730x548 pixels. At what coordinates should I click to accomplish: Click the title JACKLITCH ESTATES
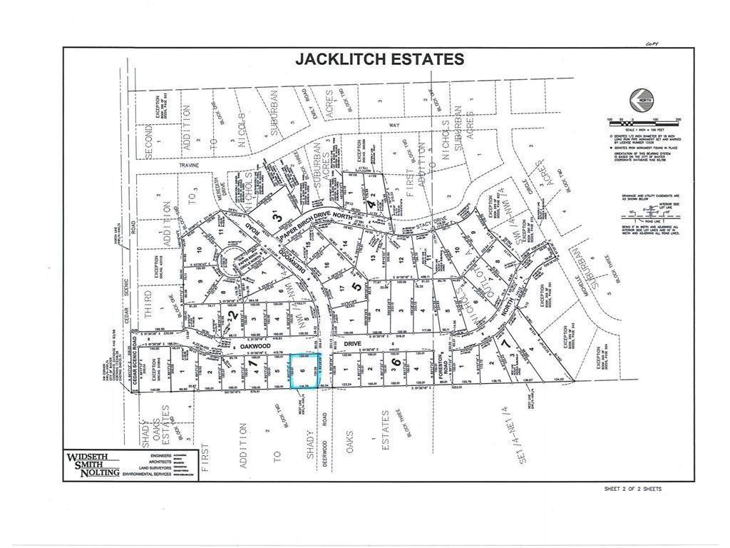[379, 59]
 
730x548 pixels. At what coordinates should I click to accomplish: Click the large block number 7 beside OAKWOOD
[255, 365]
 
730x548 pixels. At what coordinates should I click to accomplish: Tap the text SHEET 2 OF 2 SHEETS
[632, 489]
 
